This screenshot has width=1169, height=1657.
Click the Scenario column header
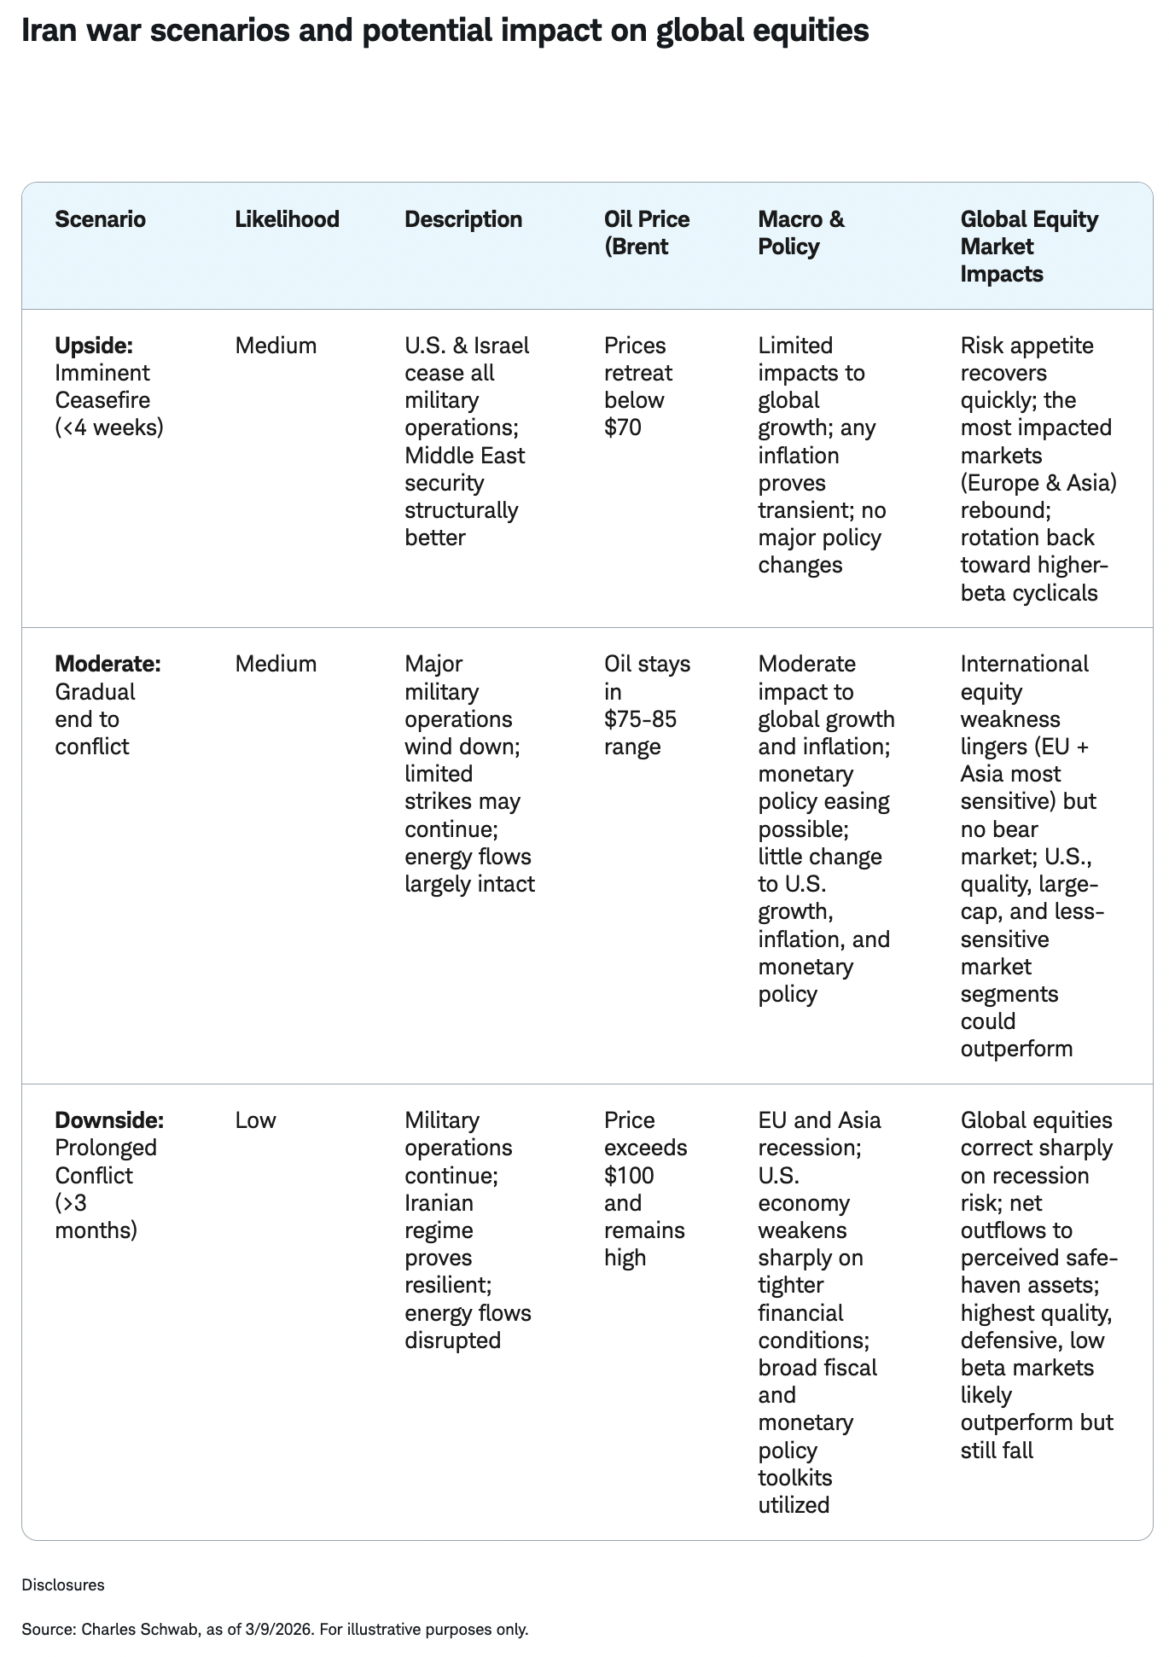pos(100,219)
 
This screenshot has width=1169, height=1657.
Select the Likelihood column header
pos(287,219)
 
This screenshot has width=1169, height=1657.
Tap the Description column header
pos(462,219)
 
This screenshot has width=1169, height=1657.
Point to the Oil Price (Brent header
pos(646,233)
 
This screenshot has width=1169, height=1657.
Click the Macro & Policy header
pos(800,233)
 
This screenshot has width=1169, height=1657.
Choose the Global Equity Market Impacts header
pos(1028,247)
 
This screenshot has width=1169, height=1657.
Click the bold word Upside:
pos(94,346)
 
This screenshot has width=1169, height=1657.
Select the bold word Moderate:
pos(108,664)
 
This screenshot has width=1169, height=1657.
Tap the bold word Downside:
pos(109,1120)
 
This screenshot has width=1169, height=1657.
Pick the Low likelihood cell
pos(255,1120)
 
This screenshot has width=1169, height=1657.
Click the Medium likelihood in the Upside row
pos(276,346)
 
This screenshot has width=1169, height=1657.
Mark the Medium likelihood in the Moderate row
pos(276,664)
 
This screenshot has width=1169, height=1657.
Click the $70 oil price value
pos(622,427)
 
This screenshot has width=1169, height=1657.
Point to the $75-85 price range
pos(640,719)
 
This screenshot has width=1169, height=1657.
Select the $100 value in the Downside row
pos(629,1176)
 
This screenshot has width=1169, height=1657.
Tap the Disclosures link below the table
pos(63,1584)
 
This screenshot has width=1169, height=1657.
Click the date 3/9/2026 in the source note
pos(277,1629)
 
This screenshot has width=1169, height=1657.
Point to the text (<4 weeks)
pos(108,427)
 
